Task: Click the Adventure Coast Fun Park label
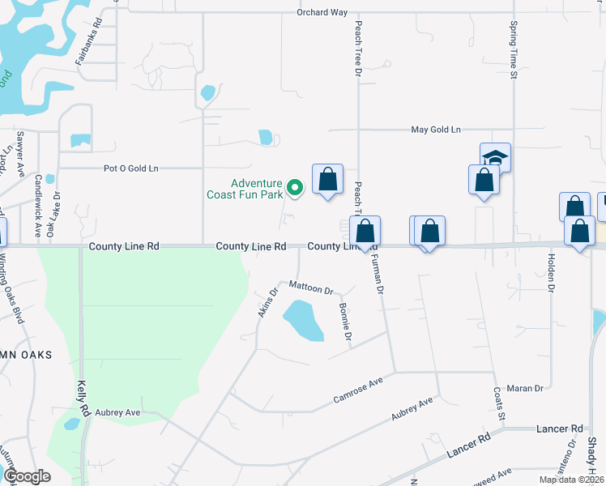[256, 189]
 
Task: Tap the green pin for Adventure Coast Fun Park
[296, 188]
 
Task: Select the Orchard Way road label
[322, 13]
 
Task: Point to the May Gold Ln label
[435, 130]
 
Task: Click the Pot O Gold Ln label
[130, 168]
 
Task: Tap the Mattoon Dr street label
[311, 288]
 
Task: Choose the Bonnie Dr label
[346, 322]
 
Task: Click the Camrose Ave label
[357, 391]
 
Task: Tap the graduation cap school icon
[495, 157]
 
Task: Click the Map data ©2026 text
[571, 480]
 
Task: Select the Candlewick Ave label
[37, 198]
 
